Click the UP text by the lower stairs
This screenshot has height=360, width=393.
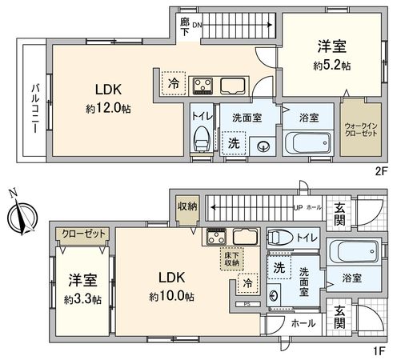pos(299,208)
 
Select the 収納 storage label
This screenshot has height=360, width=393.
pos(186,206)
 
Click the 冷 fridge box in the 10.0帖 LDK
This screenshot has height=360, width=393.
pos(248,282)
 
